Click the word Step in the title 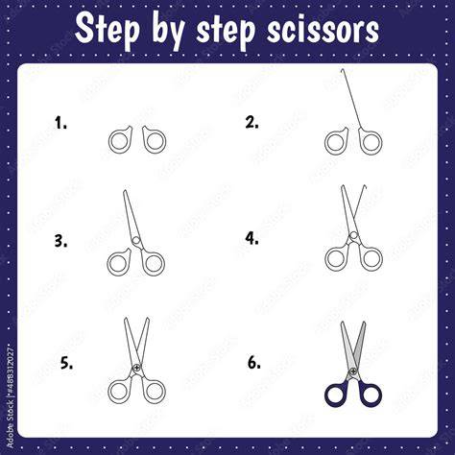(x=108, y=30)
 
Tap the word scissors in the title (x=323, y=30)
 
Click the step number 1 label (x=60, y=123)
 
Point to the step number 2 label (x=252, y=122)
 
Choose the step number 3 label (x=60, y=241)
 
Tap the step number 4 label (x=252, y=238)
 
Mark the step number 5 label (x=66, y=364)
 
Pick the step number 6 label (x=254, y=362)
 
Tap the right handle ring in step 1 (x=164, y=141)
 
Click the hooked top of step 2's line (x=343, y=69)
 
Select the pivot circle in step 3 (x=136, y=240)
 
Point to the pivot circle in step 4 (x=353, y=235)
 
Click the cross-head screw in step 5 (x=137, y=368)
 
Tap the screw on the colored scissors (x=353, y=371)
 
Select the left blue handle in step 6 (x=327, y=395)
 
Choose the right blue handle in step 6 (x=379, y=395)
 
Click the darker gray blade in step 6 (x=360, y=343)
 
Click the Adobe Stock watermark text (x=10, y=396)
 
